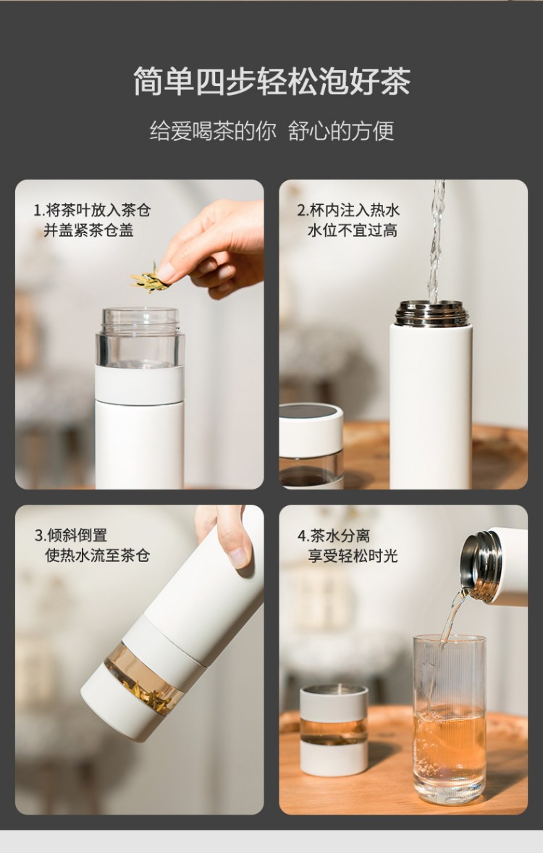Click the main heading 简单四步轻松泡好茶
[x=271, y=82]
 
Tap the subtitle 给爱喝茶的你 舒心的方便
[x=271, y=131]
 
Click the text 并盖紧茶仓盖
[x=88, y=230]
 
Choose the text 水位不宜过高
[x=353, y=230]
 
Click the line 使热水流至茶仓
[x=98, y=555]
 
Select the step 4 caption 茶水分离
[x=340, y=536]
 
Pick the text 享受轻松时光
[x=353, y=556]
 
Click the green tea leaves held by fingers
[x=150, y=279]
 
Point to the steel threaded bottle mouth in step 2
[x=432, y=314]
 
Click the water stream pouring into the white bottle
[x=436, y=241]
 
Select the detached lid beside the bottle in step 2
[x=311, y=445]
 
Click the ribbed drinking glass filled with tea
[x=450, y=719]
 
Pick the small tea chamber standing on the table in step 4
[x=334, y=729]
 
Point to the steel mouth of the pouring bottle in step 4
[x=481, y=566]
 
